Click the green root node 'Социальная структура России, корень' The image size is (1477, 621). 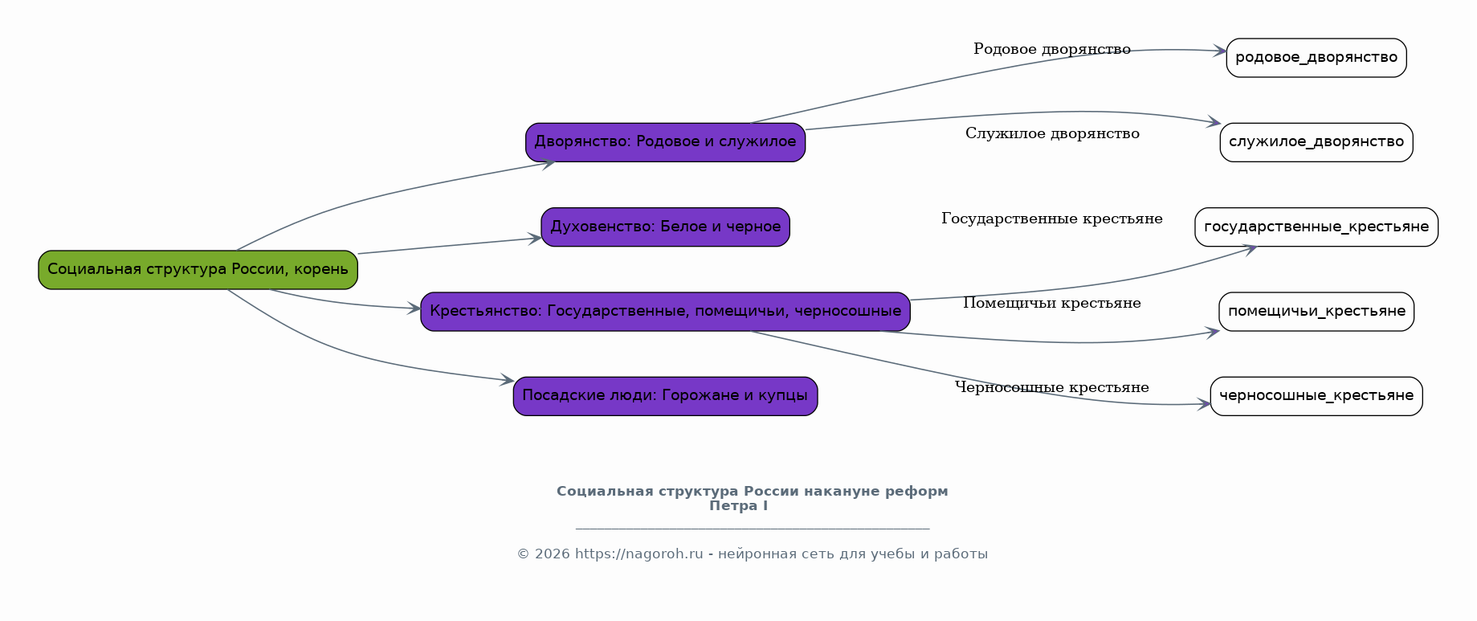(x=198, y=270)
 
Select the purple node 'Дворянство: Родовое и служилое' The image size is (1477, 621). (x=665, y=142)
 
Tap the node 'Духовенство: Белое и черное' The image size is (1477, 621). (x=665, y=227)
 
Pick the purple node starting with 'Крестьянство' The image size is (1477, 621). (x=665, y=312)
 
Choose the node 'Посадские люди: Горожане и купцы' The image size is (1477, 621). (x=665, y=396)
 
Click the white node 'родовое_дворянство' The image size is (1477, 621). (x=1316, y=58)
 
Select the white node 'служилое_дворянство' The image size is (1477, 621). (x=1316, y=142)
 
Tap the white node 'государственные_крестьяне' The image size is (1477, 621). (x=1316, y=227)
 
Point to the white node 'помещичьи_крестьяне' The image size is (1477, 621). (x=1316, y=312)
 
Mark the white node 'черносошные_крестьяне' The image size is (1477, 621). (x=1316, y=396)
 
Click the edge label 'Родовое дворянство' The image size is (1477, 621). (x=1052, y=49)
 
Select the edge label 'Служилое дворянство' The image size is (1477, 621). (x=1052, y=133)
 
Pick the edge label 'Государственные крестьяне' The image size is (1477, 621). (x=1052, y=219)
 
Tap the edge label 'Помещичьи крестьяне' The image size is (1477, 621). (x=1052, y=303)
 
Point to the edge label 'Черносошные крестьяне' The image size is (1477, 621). (x=1052, y=387)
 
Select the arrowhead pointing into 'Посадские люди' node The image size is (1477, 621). (x=507, y=380)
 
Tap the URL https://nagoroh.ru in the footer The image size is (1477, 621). (x=639, y=554)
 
